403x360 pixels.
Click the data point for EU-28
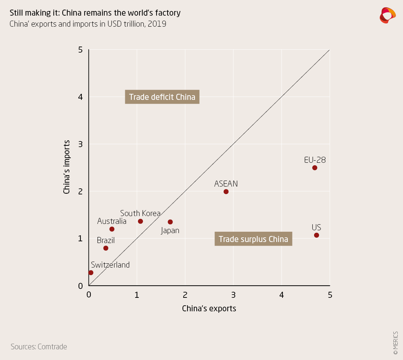[x=314, y=168]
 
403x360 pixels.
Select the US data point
[x=317, y=235]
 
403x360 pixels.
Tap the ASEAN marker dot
[x=226, y=192]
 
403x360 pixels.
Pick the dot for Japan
[x=170, y=222]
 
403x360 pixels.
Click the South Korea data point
[x=140, y=221]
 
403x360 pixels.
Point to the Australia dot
[x=112, y=229]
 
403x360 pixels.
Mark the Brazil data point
[x=106, y=248]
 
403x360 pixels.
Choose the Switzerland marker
[x=91, y=273]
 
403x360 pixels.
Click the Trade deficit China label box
[x=162, y=97]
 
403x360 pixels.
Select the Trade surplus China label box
[x=253, y=239]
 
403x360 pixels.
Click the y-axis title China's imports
[x=67, y=167]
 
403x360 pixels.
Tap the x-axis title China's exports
[x=209, y=308]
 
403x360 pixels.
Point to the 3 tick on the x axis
[x=233, y=295]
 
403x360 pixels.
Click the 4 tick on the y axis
[x=80, y=97]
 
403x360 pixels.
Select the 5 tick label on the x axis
[x=330, y=295]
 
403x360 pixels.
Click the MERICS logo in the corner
[x=387, y=15]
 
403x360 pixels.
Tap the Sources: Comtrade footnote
[x=39, y=346]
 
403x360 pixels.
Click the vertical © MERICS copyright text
[x=396, y=343]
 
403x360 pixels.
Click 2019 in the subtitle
[x=157, y=25]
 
